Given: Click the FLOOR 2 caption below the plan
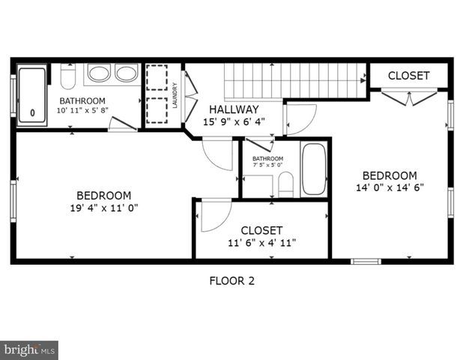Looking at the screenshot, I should coord(232,281).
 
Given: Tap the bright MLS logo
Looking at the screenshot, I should coord(29,349).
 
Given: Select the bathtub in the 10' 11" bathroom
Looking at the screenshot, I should coord(32,96).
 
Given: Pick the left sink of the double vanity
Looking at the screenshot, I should coord(98,73).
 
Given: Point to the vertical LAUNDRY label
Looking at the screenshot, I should coord(175,95).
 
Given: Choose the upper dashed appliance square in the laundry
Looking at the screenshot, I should coord(157,78).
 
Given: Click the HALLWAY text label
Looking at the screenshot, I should coord(234,109).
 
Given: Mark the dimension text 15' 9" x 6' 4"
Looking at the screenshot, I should coord(234,121).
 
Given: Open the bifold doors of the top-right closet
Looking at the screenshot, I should coord(408,97).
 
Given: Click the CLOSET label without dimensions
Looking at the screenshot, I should coord(409,76).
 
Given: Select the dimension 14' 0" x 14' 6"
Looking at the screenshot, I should coord(390,188).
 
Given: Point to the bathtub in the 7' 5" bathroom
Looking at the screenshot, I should coord(314,169).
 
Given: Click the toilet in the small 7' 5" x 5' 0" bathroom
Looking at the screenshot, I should coord(285,184).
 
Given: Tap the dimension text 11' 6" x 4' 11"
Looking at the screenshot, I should coord(261,243).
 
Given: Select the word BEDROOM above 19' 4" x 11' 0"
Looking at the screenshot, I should coord(104,195).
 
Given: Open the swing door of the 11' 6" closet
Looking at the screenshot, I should coord(215,215).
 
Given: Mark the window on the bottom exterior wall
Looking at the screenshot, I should coord(366,261).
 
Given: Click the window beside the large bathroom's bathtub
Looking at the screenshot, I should coord(13,96).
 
